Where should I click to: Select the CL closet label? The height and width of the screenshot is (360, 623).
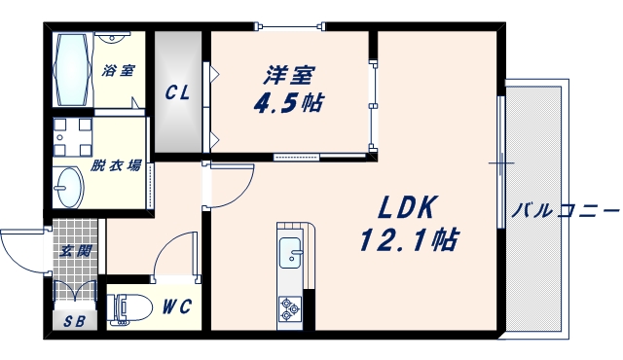tap(176, 93)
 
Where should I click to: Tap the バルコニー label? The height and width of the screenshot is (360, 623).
tap(565, 209)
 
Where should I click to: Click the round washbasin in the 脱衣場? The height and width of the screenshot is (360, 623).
tap(69, 184)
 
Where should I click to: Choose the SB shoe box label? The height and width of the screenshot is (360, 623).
tap(74, 322)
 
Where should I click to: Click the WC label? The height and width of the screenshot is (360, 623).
tap(176, 307)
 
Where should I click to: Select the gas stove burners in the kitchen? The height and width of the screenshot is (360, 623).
tap(291, 308)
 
